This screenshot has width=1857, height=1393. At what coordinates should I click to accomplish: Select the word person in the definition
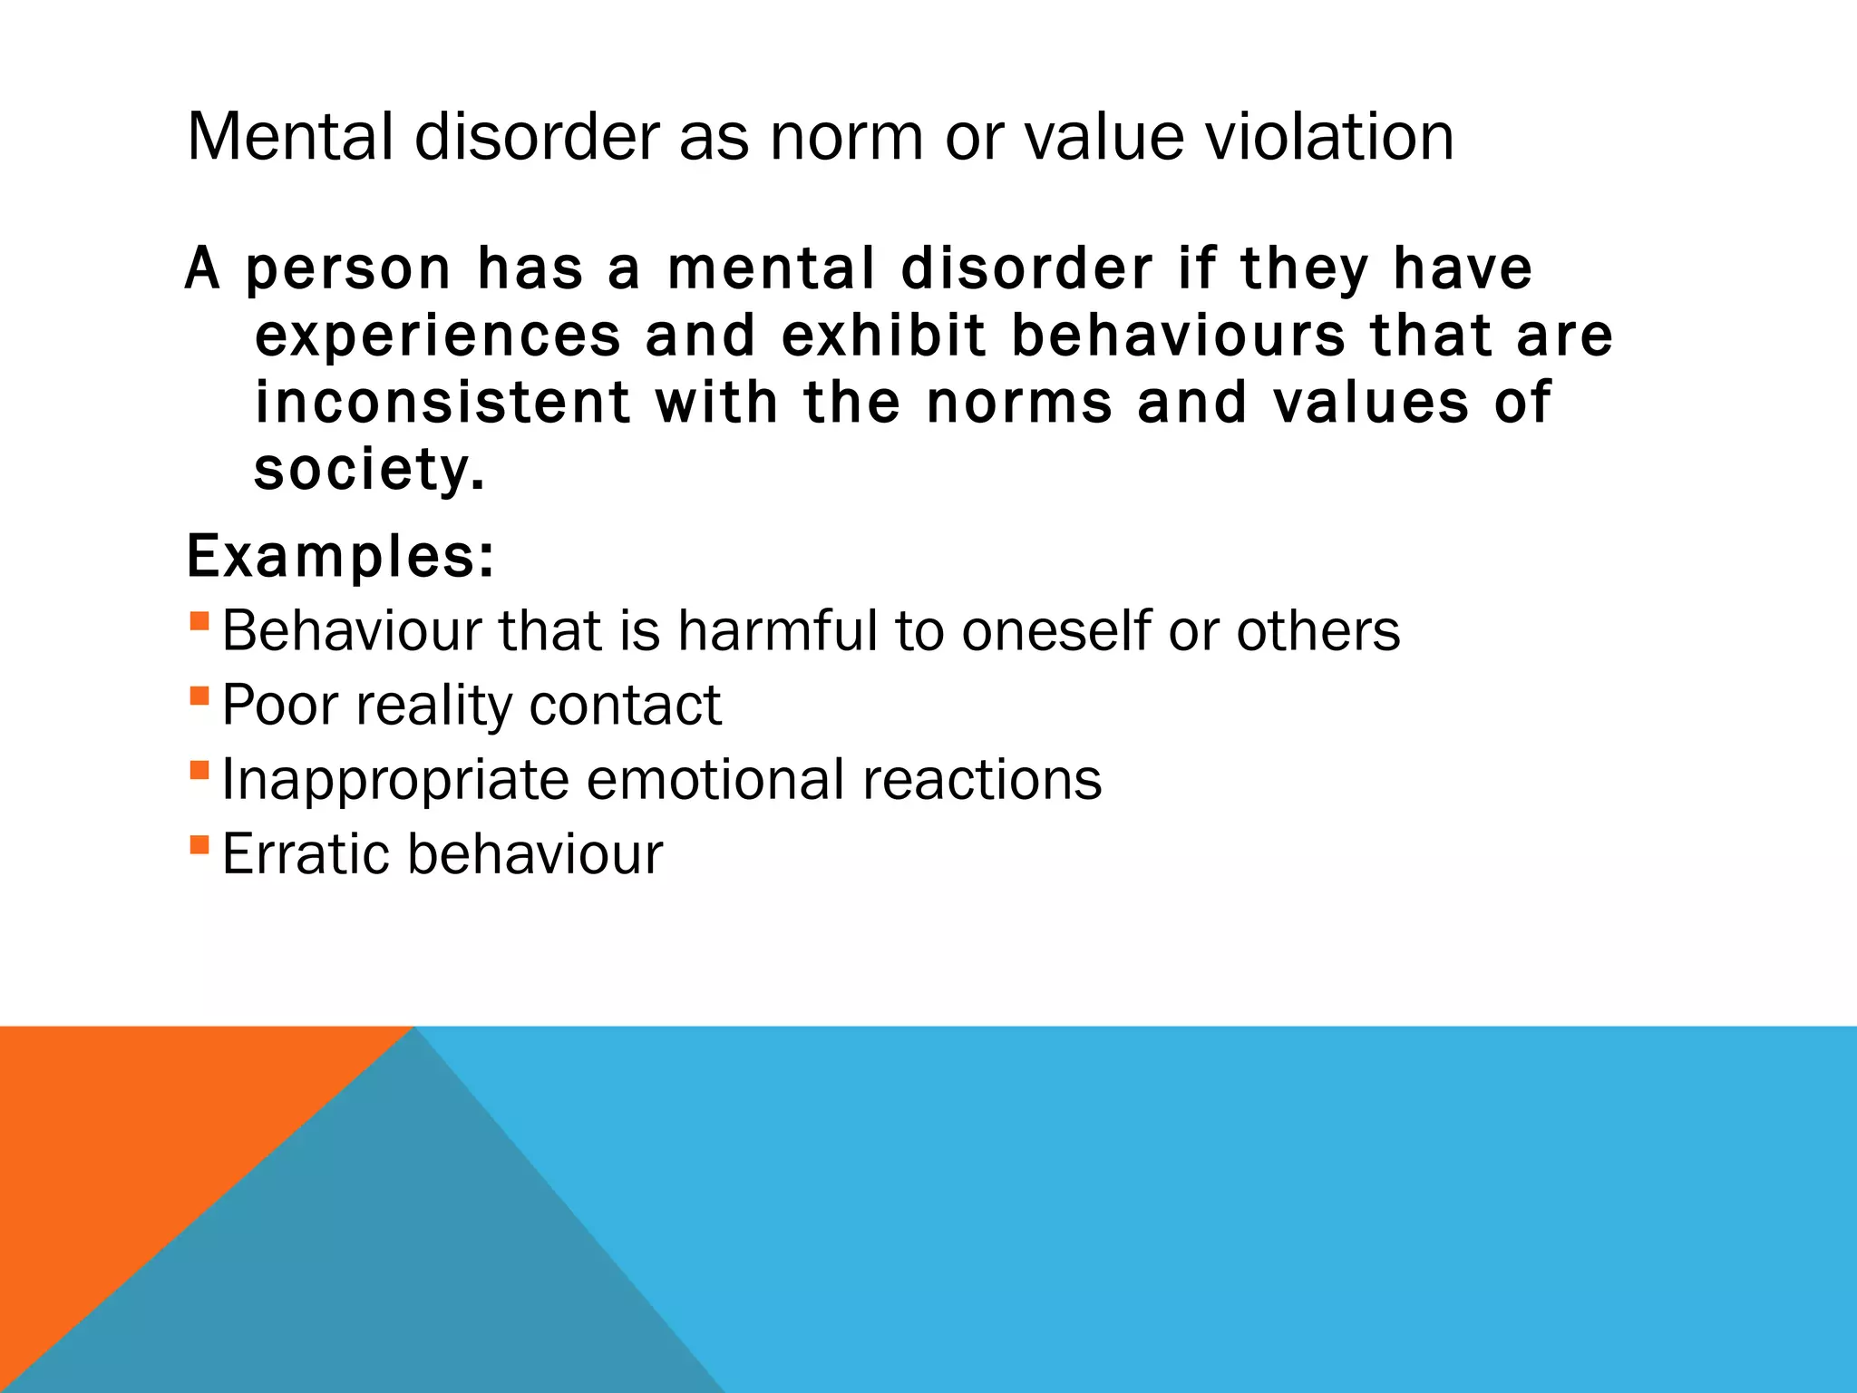(348, 269)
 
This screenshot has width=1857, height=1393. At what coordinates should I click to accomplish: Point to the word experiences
(438, 336)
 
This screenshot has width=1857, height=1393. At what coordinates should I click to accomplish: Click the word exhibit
(883, 336)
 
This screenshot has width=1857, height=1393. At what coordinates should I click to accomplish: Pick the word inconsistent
(442, 403)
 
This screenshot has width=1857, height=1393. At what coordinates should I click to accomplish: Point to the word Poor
(280, 705)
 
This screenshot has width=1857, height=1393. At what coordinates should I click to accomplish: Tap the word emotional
(715, 779)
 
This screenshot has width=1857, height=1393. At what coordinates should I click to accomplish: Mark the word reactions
(982, 779)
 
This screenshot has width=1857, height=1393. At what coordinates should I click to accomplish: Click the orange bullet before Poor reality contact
(199, 696)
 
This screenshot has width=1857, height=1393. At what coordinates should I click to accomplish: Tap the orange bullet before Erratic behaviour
(199, 845)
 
